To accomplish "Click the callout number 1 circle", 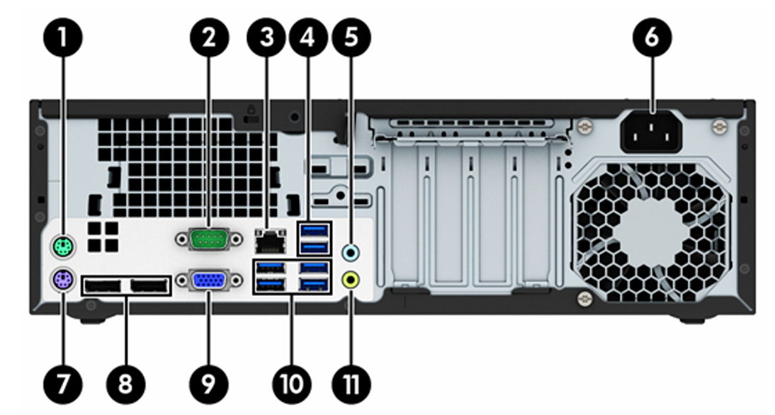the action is (x=63, y=37).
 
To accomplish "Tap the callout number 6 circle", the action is (x=652, y=37).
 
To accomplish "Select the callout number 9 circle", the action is (x=209, y=384).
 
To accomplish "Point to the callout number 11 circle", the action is (x=351, y=384).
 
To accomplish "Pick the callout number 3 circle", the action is (x=267, y=37).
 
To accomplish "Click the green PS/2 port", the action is (x=63, y=245).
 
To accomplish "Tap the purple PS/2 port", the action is (x=63, y=280).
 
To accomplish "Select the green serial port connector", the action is (x=209, y=239).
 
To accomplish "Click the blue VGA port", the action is (x=209, y=280).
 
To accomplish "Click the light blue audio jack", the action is (x=351, y=252).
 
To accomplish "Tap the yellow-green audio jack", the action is (x=351, y=280).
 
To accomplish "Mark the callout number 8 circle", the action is (x=126, y=384).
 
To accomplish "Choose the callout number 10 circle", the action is (x=292, y=384).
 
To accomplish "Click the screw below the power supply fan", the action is (x=584, y=298).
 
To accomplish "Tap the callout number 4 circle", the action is (x=308, y=37).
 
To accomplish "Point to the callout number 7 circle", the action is (x=63, y=384).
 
